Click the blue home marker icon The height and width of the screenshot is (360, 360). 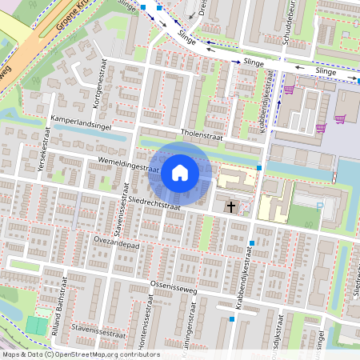[180, 173]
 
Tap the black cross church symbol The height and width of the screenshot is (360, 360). [230, 207]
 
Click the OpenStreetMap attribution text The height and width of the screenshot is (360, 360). [81, 354]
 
